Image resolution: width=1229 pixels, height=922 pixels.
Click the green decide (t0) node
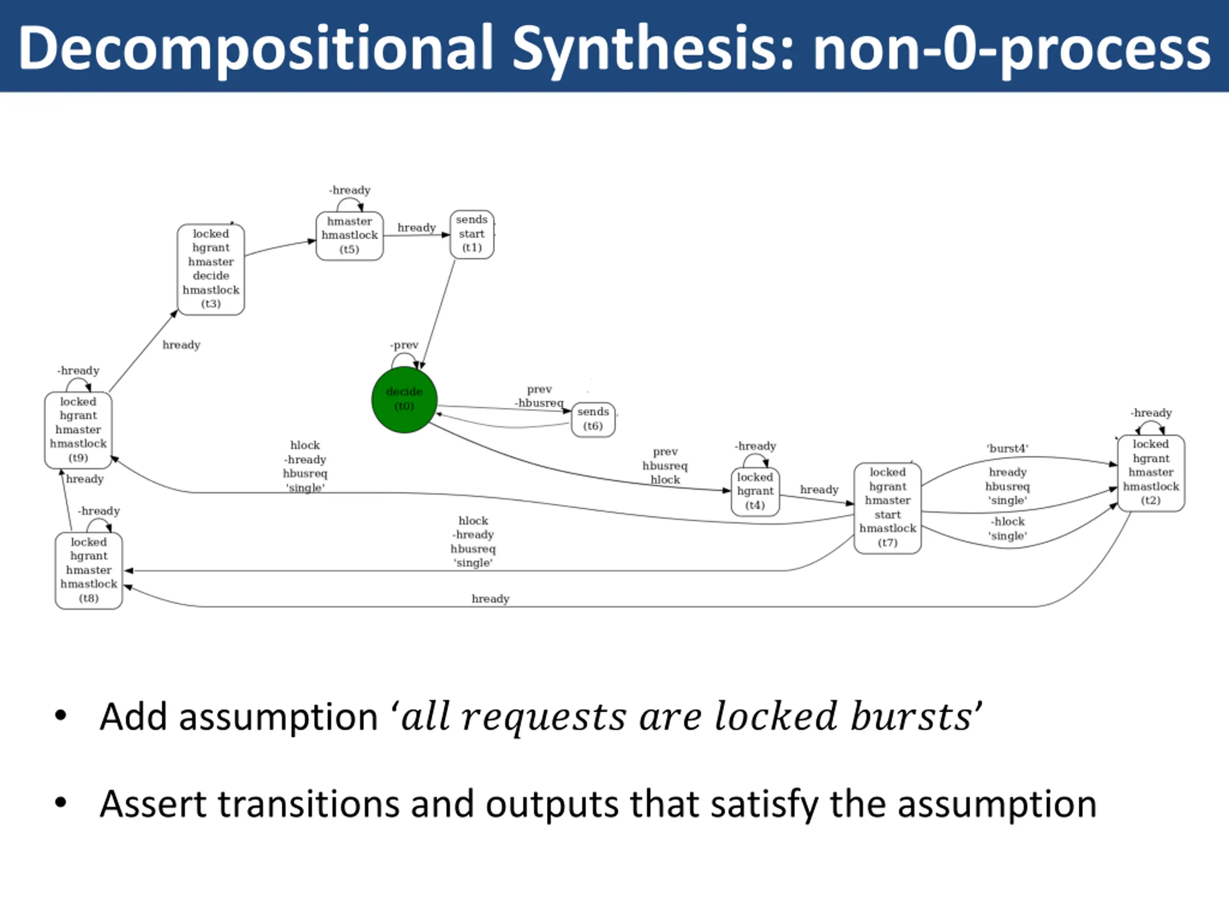click(404, 399)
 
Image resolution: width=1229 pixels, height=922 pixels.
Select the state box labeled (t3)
click(211, 269)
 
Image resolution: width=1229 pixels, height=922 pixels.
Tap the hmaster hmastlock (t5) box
click(349, 236)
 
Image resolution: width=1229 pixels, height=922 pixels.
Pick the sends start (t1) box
click(472, 234)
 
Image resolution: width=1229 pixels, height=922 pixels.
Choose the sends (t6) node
click(593, 419)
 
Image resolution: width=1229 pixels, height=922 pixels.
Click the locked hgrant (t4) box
click(755, 491)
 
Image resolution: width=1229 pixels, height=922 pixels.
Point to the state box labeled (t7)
click(887, 508)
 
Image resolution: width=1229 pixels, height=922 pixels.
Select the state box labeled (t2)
click(1151, 473)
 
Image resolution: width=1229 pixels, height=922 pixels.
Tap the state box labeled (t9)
click(78, 430)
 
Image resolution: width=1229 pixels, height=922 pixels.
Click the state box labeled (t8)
click(89, 570)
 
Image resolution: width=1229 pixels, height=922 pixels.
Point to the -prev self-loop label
click(404, 345)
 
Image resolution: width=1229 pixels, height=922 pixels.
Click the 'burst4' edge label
click(1007, 449)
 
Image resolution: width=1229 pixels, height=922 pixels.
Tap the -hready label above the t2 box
click(1151, 413)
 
